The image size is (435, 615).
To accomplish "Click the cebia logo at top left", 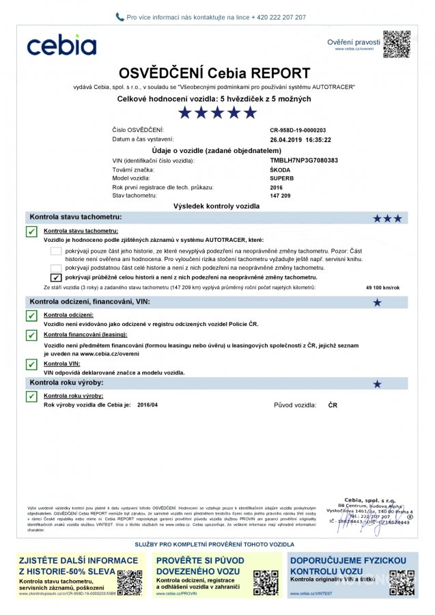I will tap(61, 45).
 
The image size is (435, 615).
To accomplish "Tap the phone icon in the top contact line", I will tap(120, 17).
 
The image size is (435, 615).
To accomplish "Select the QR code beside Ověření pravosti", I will tap(396, 44).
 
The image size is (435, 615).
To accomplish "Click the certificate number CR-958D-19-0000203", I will tap(298, 130).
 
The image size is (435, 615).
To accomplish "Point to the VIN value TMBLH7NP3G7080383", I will tap(304, 161).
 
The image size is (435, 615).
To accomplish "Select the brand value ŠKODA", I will tap(281, 169).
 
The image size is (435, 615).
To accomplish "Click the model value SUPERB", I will tap(283, 178).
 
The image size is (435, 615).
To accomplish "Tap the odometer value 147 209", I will tap(281, 195).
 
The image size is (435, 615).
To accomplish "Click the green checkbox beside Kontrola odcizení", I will tap(31, 316).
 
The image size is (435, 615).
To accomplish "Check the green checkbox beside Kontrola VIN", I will tap(31, 365).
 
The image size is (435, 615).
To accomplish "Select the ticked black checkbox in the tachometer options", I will tap(56, 278).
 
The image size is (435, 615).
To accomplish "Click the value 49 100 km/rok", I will tap(383, 288).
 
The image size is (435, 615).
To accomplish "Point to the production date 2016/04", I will tap(147, 405).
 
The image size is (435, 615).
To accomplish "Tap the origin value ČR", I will tap(333, 405).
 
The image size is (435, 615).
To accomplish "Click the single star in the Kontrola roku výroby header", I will tap(377, 384).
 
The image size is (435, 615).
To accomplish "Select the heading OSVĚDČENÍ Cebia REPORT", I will tap(214, 73).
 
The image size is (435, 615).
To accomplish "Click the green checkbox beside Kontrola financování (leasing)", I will tap(31, 336).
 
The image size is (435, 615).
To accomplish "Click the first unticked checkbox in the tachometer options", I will tap(56, 251).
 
